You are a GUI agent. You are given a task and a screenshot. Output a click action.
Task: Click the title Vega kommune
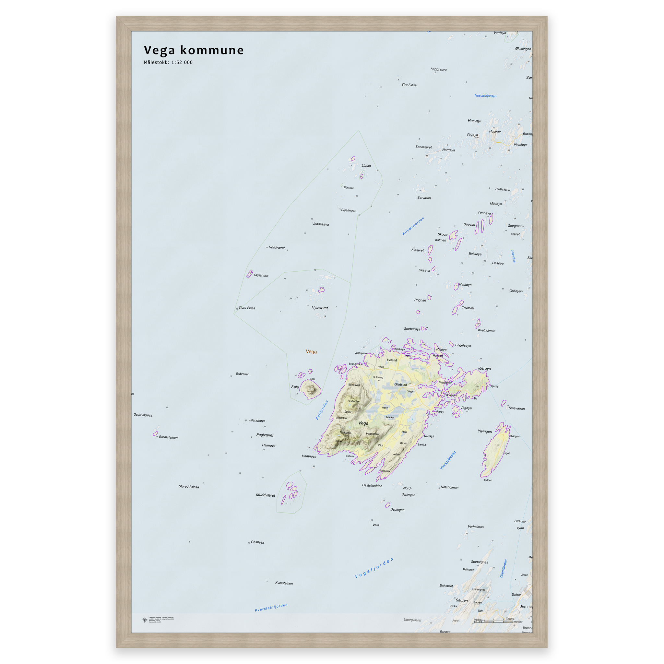[194, 50]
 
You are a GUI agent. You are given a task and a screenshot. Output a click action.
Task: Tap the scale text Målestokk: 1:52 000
[168, 63]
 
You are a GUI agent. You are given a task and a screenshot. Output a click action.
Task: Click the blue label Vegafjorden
[373, 568]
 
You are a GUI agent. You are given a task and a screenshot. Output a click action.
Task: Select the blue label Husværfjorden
[485, 96]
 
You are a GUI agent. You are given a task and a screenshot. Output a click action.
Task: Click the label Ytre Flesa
[409, 85]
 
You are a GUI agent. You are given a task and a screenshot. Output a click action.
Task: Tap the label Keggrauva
[439, 69]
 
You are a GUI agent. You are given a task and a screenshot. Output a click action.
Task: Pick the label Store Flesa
[247, 308]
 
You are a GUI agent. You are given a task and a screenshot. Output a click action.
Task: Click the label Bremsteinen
[168, 437]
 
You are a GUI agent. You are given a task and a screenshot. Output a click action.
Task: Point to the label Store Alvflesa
[189, 487]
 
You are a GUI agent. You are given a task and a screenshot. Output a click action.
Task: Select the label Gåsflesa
[257, 542]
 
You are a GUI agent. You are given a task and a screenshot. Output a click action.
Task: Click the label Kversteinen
[284, 583]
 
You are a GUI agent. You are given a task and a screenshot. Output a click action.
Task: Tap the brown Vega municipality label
[311, 351]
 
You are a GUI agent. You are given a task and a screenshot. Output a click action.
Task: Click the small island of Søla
[310, 390]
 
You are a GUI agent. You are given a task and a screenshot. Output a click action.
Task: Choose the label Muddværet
[265, 495]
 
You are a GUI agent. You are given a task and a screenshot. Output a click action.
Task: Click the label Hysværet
[320, 308]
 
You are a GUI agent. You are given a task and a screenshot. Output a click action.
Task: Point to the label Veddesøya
[320, 224]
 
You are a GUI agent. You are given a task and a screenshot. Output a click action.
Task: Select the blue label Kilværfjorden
[413, 226]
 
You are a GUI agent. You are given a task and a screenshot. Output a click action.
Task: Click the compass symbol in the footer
[145, 620]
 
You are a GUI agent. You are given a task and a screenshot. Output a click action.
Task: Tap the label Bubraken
[243, 374]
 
